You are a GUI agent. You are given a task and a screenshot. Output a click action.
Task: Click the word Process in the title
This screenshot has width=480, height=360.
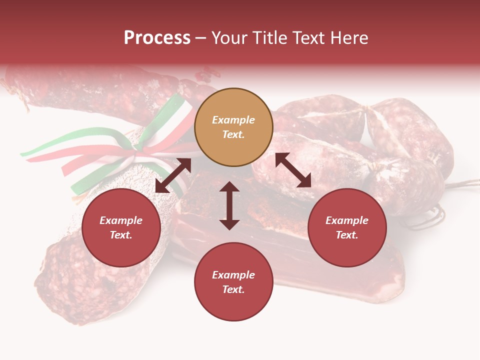point(157,38)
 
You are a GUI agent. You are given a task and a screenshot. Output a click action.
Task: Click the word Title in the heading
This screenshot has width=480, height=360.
point(270,38)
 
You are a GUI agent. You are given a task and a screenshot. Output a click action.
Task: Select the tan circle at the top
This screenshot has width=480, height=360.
point(233,127)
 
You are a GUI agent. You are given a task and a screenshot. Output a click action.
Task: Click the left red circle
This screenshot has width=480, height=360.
point(121,227)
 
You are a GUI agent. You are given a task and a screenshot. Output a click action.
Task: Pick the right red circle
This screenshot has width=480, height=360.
point(347,227)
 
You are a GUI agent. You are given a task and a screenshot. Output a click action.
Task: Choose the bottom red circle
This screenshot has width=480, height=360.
point(233,282)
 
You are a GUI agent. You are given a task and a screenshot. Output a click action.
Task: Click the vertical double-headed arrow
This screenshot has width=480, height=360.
point(229,205)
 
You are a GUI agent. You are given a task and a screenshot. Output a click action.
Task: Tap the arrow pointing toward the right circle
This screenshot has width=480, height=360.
point(293,170)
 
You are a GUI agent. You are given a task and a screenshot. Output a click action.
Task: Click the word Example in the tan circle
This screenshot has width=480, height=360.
point(233,120)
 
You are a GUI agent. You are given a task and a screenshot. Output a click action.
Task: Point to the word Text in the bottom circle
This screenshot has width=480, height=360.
point(233,289)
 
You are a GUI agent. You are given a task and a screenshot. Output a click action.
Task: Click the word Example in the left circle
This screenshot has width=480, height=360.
point(121,220)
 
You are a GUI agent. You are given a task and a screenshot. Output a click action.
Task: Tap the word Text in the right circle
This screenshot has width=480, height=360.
point(347,235)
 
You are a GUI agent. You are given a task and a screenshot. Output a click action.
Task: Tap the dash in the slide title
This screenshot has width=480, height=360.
point(201,38)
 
